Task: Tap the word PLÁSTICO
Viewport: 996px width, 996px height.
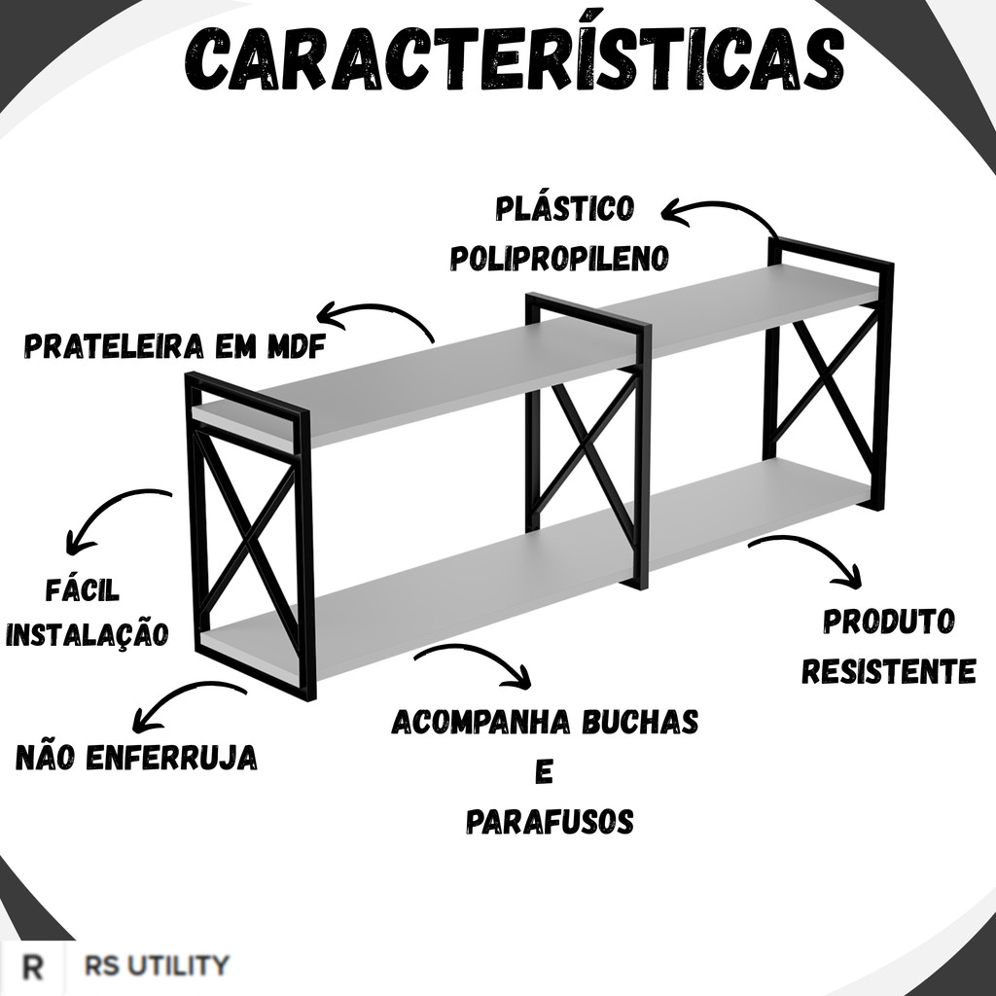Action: click(564, 209)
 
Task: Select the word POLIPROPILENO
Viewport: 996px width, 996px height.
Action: click(559, 258)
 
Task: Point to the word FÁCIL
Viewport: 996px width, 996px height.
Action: click(83, 589)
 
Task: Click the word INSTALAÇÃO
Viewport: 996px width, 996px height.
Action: click(88, 634)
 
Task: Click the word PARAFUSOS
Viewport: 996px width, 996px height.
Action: click(550, 822)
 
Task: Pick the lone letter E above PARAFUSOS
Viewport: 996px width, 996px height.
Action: click(545, 773)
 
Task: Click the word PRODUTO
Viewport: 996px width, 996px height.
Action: click(889, 622)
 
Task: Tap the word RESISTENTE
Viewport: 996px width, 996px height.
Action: click(889, 671)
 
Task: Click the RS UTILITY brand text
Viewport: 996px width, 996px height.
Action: click(157, 966)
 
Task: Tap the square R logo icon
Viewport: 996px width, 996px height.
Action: click(34, 968)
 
